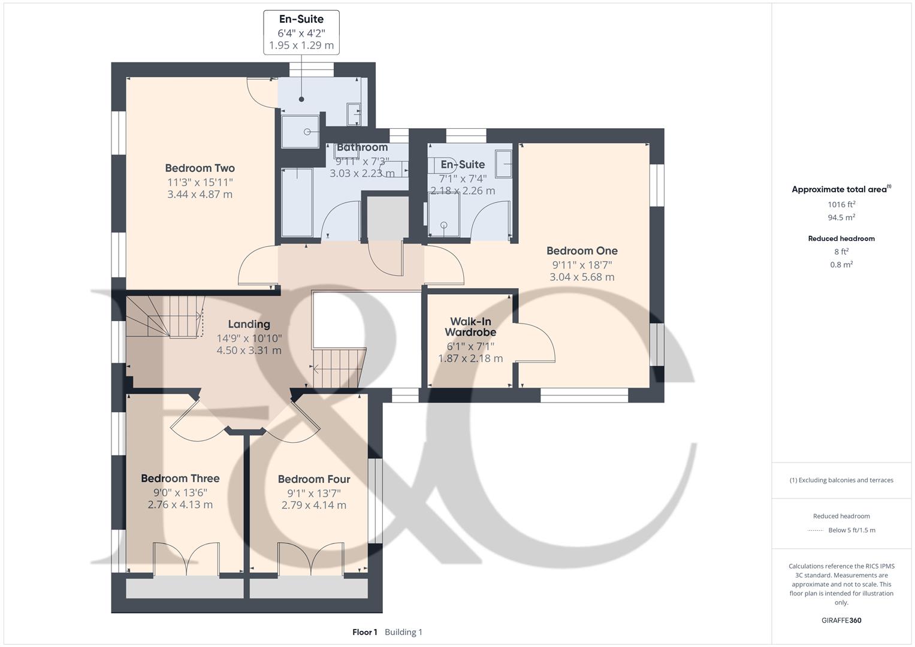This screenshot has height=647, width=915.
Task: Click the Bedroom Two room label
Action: point(200,168)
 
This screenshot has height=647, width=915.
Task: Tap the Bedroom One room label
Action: point(582,250)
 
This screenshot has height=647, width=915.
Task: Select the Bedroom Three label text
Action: point(180,478)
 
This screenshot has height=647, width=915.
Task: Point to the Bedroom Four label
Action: point(314,479)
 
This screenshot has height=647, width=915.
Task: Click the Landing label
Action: point(249,324)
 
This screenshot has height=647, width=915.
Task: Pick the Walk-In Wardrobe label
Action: point(470,326)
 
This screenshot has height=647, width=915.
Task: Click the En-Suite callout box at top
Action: point(301,33)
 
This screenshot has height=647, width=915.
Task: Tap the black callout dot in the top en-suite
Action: point(301,99)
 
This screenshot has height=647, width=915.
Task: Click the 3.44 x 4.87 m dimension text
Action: point(200,194)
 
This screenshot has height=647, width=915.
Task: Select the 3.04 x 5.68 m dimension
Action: point(582,277)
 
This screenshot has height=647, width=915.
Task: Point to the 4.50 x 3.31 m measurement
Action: point(249,350)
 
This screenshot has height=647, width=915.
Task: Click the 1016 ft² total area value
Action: point(841,204)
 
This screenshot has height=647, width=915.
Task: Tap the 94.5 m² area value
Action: point(841,217)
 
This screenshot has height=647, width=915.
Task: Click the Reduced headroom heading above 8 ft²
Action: point(841,238)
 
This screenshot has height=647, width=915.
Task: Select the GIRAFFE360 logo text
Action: point(841,621)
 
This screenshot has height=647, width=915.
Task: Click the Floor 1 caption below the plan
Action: point(365,632)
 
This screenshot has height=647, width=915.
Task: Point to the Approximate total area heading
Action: point(841,189)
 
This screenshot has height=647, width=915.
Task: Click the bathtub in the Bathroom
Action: point(297,202)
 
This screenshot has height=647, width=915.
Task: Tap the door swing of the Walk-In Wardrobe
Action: point(535,342)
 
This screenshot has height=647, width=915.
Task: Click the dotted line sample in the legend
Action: point(816,530)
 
